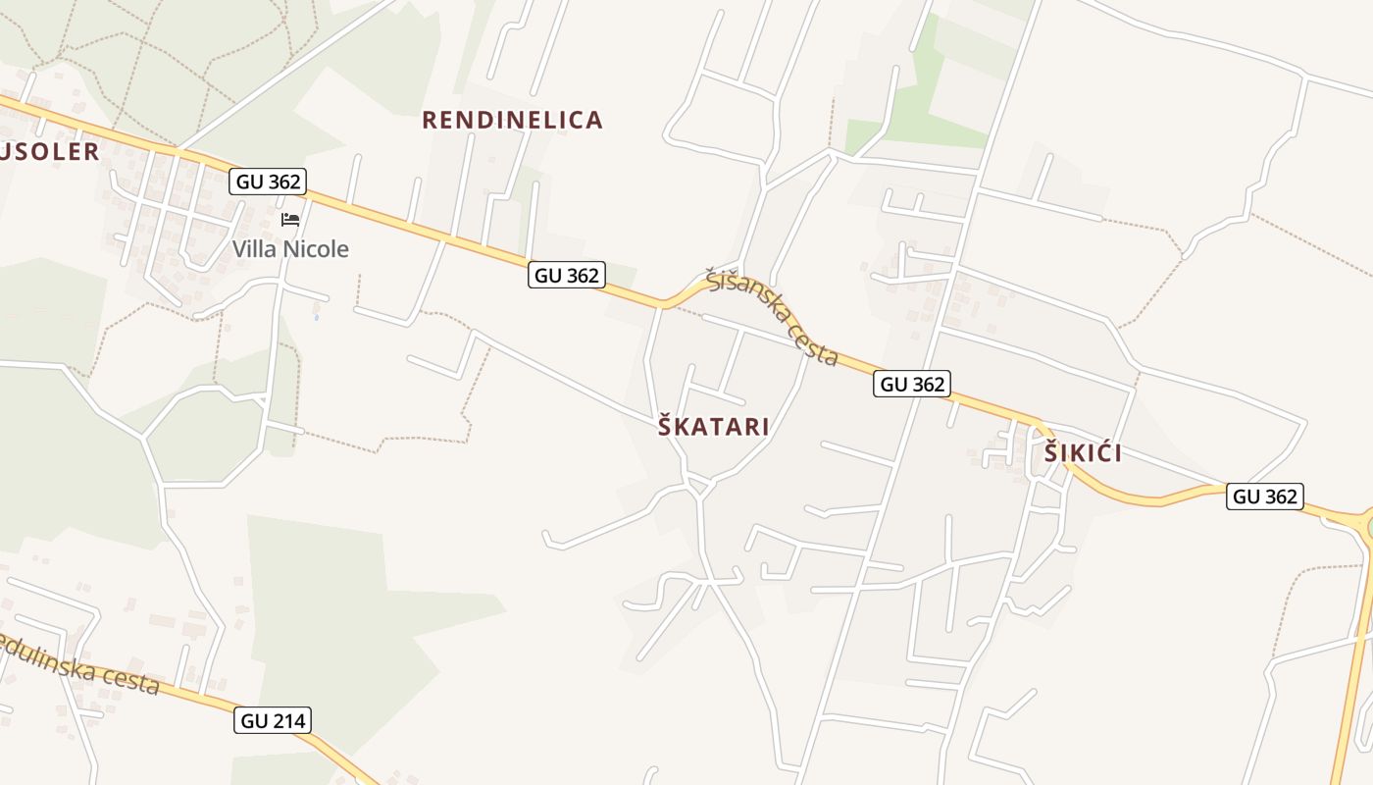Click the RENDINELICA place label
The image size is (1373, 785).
pyautogui.click(x=512, y=121)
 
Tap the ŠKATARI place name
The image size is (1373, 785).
pyautogui.click(x=713, y=427)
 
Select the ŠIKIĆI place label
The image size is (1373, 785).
pyautogui.click(x=1083, y=453)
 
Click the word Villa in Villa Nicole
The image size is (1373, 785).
pyautogui.click(x=255, y=249)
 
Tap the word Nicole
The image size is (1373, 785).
pyautogui.click(x=315, y=249)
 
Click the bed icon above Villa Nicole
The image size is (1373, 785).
pyautogui.click(x=290, y=219)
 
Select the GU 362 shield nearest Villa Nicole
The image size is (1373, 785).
pyautogui.click(x=268, y=181)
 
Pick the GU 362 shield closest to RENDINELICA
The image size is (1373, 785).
pyautogui.click(x=566, y=275)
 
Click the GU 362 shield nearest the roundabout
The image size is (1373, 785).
pyautogui.click(x=1265, y=497)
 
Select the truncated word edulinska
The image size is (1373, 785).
pyautogui.click(x=54, y=657)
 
